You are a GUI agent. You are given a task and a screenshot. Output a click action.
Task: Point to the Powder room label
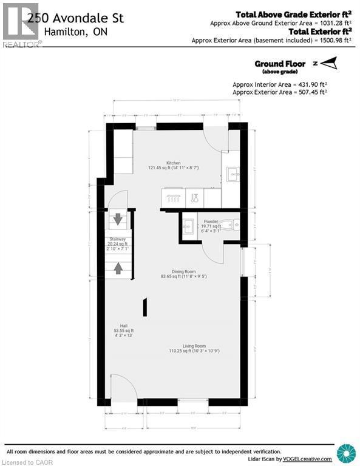(211, 221)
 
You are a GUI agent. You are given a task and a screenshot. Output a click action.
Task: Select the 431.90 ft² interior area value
(305, 84)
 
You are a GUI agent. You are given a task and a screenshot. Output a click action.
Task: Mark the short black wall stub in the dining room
(144, 306)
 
